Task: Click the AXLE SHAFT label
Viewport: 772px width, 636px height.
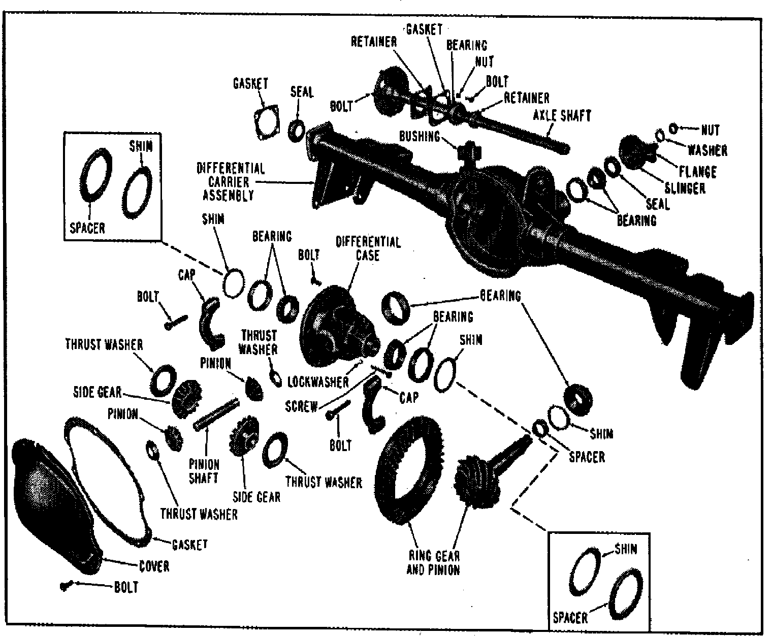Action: pyautogui.click(x=562, y=116)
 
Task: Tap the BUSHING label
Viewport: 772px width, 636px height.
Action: pyautogui.click(x=419, y=136)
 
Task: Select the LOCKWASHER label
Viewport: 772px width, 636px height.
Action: pyautogui.click(x=318, y=381)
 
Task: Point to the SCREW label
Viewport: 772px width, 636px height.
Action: pyautogui.click(x=301, y=406)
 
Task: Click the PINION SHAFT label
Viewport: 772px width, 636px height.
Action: pyautogui.click(x=204, y=471)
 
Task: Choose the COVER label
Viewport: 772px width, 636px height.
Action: pyautogui.click(x=154, y=566)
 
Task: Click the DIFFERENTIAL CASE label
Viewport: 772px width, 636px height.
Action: pyautogui.click(x=368, y=248)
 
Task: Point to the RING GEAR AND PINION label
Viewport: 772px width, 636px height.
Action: pyautogui.click(x=433, y=563)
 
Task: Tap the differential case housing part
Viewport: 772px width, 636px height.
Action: pyautogui.click(x=335, y=325)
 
